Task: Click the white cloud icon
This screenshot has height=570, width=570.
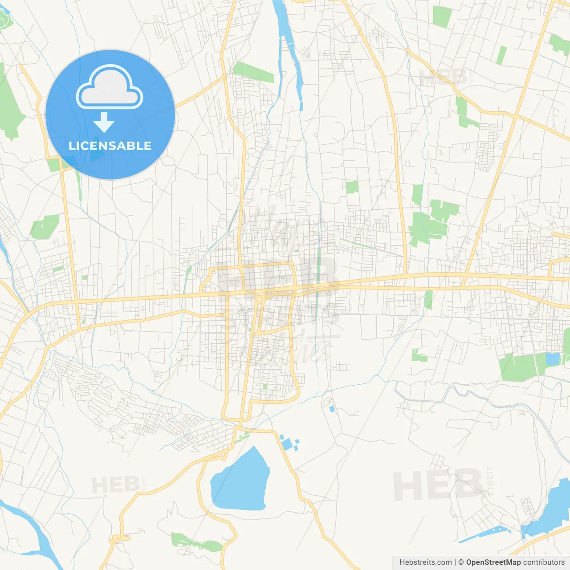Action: [110, 87]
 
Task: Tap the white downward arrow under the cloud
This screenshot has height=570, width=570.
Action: [104, 122]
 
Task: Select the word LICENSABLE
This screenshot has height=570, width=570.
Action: [110, 146]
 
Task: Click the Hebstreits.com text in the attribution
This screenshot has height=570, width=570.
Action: [425, 562]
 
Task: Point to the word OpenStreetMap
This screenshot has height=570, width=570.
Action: [493, 562]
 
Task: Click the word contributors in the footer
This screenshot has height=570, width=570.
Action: [544, 562]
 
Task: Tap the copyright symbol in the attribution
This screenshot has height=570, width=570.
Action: [461, 562]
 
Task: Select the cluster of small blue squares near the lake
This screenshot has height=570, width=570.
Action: [289, 443]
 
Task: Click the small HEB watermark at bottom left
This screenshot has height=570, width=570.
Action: [115, 484]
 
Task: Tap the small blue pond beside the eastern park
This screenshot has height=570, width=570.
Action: [553, 358]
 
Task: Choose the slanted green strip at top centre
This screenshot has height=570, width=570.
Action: [253, 72]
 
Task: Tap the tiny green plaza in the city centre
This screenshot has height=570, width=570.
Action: [282, 281]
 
